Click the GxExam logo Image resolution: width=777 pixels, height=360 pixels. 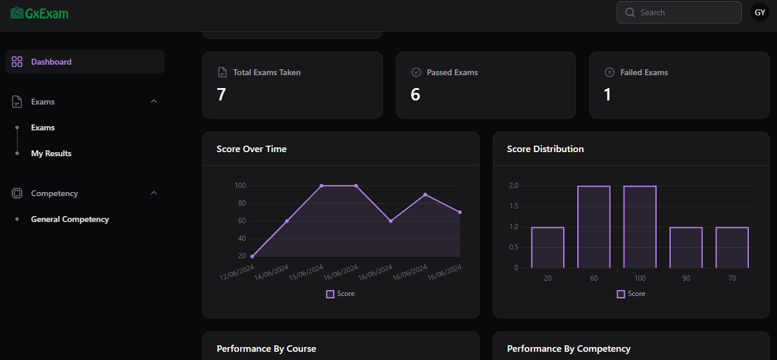pos(39,12)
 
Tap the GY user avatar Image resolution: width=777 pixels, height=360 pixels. pos(759,12)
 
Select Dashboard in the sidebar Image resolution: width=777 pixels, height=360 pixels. pos(51,62)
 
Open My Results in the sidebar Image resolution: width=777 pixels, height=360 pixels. pos(51,153)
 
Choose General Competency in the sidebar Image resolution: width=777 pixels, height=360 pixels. pos(70,219)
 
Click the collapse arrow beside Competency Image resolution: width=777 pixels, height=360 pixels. pos(154,193)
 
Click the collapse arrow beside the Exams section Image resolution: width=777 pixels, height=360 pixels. pos(154,102)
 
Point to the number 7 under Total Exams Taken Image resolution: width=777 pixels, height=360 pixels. pos(221,95)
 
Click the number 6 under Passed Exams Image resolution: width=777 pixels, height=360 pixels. pos(415,95)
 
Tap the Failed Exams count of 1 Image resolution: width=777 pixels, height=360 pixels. pos(607,95)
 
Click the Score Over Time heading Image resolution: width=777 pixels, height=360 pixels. pos(251,149)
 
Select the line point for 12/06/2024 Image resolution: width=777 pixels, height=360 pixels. pos(252,256)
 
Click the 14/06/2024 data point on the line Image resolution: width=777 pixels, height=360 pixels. pos(287,221)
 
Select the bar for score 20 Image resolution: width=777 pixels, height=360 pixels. pos(547,247)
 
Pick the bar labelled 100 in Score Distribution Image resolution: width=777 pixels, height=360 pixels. pos(640,227)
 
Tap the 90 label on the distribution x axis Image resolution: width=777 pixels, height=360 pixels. pos(686,278)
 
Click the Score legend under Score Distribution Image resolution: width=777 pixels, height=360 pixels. pos(631,294)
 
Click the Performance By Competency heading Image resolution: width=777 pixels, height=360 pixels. pos(569,349)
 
